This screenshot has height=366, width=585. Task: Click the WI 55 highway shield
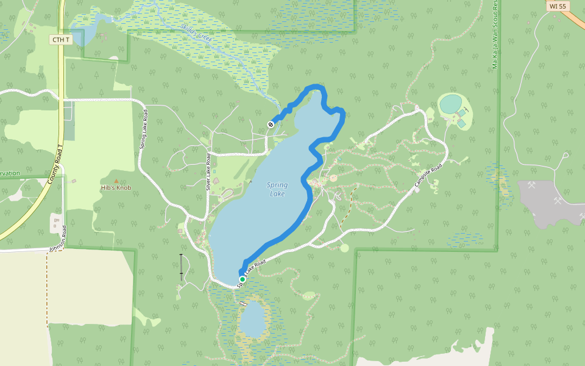(x=558, y=6)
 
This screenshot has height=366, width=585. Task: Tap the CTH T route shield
(x=60, y=40)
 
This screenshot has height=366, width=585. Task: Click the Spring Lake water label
(x=277, y=189)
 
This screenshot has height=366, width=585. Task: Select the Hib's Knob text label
(x=116, y=188)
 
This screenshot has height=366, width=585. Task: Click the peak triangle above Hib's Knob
(x=116, y=181)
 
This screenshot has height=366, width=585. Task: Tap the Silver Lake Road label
(x=208, y=171)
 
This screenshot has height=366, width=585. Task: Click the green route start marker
(x=242, y=279)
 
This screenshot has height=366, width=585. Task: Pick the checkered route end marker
(x=271, y=124)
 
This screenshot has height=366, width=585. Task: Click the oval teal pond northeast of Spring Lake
(x=451, y=104)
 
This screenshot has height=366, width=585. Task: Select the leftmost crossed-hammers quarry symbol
(x=531, y=184)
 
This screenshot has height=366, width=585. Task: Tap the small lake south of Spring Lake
(x=252, y=320)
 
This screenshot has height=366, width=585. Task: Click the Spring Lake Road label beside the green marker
(x=252, y=272)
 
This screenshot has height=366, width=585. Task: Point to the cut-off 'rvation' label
(x=10, y=173)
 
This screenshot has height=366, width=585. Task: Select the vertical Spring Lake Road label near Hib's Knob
(x=144, y=130)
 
